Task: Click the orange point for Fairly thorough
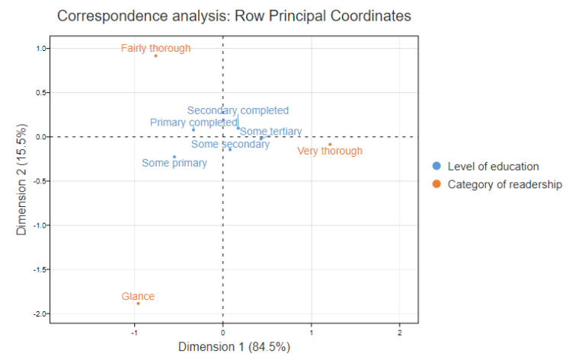point(155,56)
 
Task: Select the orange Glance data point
point(138,304)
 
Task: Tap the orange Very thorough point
point(330,145)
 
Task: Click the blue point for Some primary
point(174,157)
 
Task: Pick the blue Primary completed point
point(193,129)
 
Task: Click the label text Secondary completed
point(238,110)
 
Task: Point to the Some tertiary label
point(270,132)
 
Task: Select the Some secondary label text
point(230,144)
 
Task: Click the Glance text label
point(138,296)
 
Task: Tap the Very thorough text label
point(330,151)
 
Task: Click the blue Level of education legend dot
point(436,167)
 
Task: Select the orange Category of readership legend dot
point(436,184)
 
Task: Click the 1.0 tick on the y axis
point(40,49)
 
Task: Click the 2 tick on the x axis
point(400,331)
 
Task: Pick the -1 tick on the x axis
point(134,331)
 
